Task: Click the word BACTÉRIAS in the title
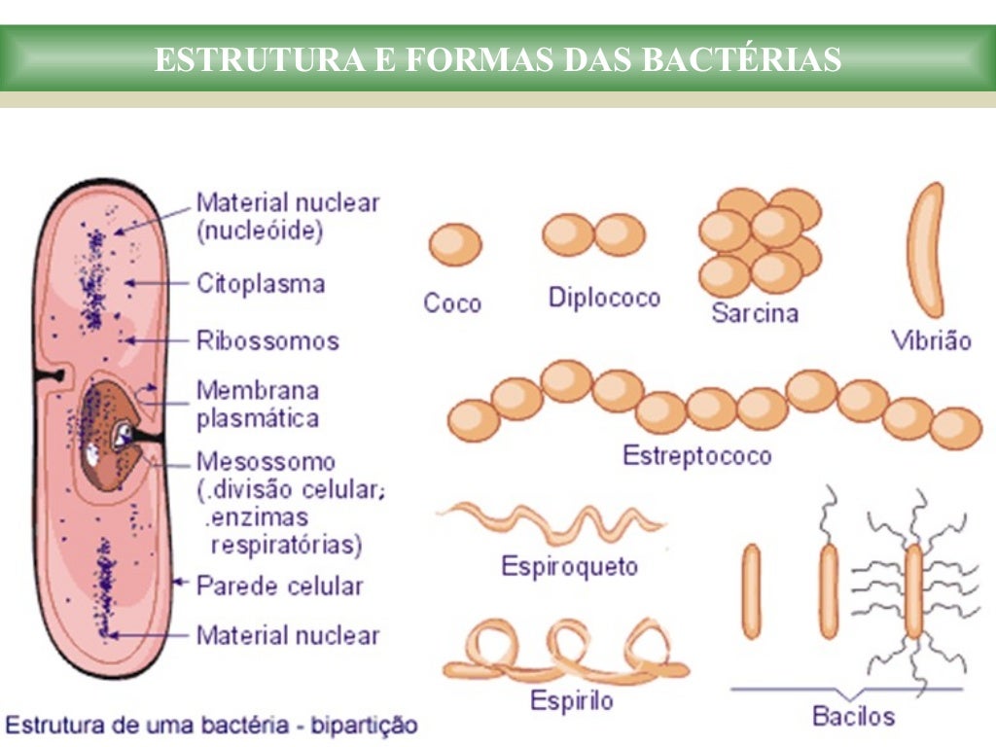click(741, 59)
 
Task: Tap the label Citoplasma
click(260, 284)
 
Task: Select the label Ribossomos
click(267, 341)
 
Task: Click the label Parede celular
click(279, 586)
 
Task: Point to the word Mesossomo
click(266, 461)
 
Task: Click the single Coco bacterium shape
click(454, 244)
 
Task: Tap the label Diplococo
click(604, 298)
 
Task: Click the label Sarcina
click(754, 313)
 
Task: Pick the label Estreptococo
click(696, 455)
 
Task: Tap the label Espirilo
click(571, 699)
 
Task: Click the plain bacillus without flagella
click(751, 590)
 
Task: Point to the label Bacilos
click(852, 717)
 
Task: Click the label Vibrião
click(931, 340)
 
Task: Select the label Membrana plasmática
click(257, 405)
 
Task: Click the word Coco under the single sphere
click(451, 302)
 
